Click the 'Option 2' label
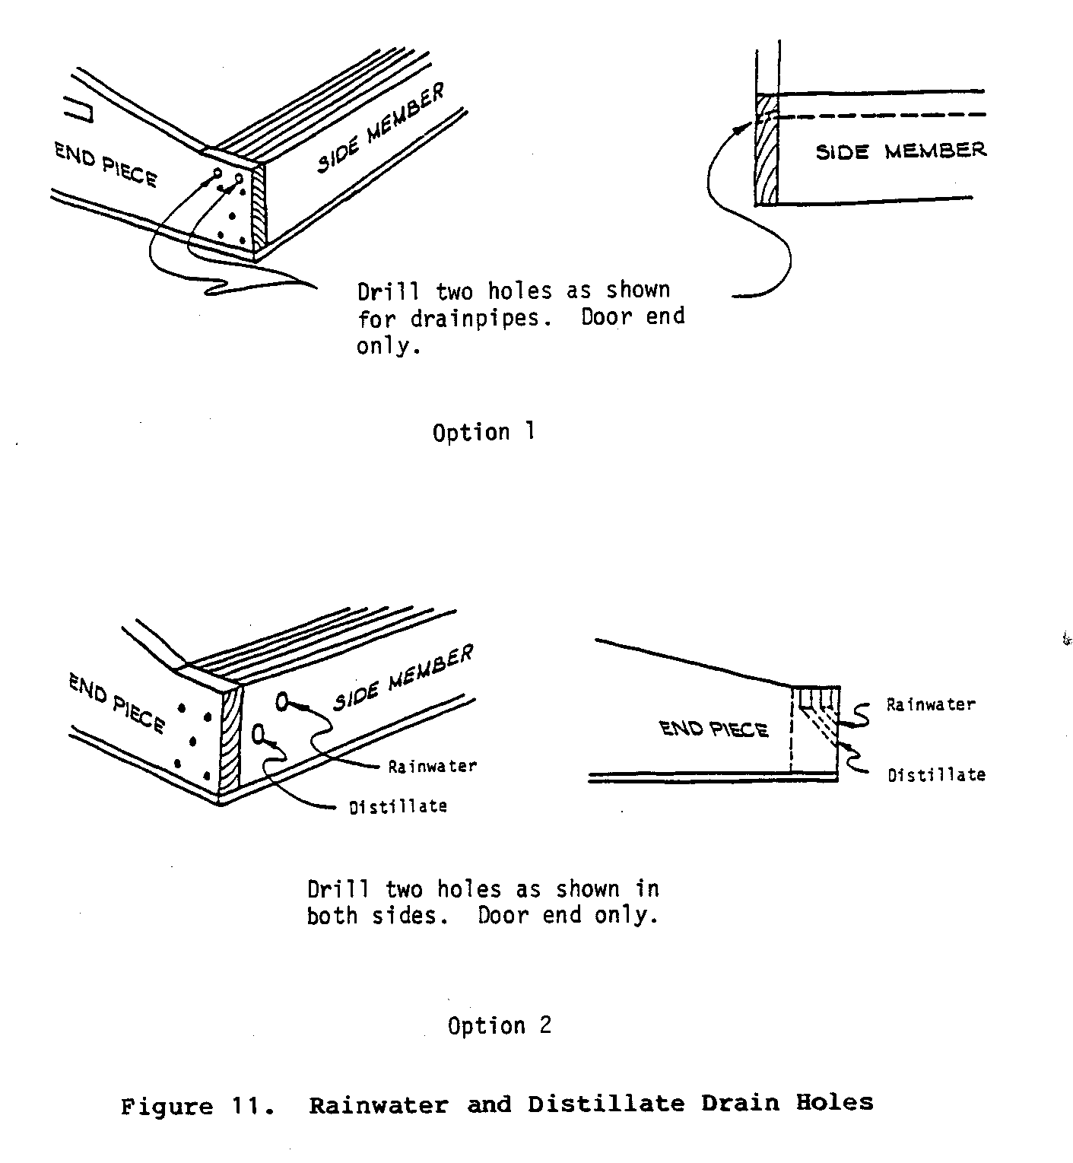[x=499, y=1025]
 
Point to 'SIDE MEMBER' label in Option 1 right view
[x=900, y=151]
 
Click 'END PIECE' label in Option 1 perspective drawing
[x=106, y=165]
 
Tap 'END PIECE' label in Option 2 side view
[x=713, y=729]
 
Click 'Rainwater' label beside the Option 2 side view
[x=930, y=704]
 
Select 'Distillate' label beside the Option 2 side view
[x=936, y=775]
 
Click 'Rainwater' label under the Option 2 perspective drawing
[x=432, y=766]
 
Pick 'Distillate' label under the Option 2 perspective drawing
[x=398, y=806]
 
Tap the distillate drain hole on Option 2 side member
[x=257, y=733]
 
